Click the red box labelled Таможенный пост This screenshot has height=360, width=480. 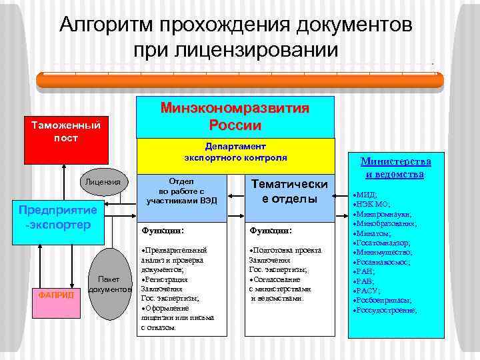pos(61,131)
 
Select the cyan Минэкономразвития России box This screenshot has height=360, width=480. pos(235,117)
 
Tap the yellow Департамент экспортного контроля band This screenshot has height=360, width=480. pos(235,153)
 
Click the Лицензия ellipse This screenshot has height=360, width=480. pos(103,182)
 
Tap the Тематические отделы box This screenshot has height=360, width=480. pos(289,192)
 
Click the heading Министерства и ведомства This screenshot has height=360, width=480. pos(396,168)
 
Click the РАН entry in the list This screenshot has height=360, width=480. pos(369,272)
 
